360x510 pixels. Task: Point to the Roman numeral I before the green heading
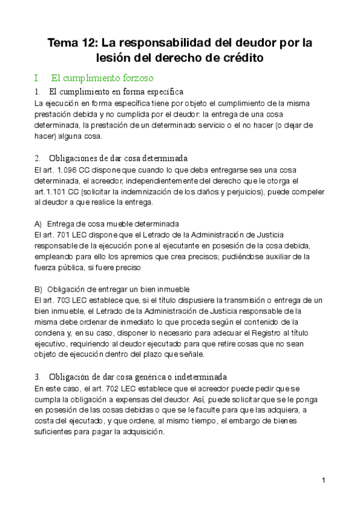click(37, 78)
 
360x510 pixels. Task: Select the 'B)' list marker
click(38, 289)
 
